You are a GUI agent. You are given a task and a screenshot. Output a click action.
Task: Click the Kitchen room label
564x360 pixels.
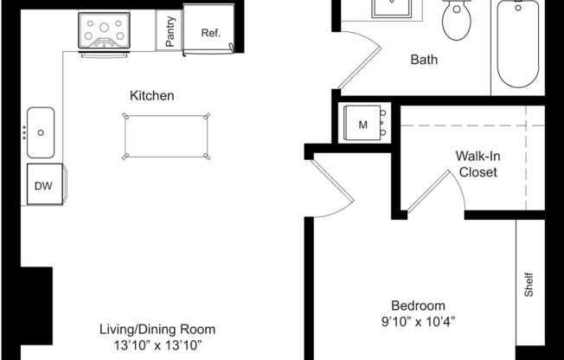[x=152, y=95]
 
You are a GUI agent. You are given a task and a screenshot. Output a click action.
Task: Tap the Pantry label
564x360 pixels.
[x=170, y=32]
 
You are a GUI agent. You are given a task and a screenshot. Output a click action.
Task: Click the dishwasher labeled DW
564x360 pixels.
[x=42, y=185]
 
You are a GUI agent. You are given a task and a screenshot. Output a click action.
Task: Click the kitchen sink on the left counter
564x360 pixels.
[x=41, y=132]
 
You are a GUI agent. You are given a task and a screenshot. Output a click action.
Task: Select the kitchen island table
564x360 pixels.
[x=168, y=136]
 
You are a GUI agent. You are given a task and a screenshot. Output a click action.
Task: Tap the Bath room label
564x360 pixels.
[x=424, y=60]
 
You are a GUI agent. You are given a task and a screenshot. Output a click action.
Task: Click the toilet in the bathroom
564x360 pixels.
[x=456, y=20]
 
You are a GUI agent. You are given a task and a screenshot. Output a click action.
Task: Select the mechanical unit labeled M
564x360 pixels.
[x=363, y=125]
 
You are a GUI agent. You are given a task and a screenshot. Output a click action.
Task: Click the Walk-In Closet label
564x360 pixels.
[x=477, y=164]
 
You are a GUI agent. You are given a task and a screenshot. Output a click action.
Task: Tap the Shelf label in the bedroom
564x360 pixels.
[x=529, y=286]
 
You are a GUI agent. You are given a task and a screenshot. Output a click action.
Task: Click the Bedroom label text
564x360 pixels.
[x=418, y=305]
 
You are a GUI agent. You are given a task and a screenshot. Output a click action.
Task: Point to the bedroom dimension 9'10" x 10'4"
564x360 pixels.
[x=418, y=322]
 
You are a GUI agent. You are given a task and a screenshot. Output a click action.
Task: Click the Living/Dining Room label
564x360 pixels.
[x=157, y=329]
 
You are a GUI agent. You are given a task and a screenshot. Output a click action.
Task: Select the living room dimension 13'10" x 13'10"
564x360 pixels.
[x=157, y=345]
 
